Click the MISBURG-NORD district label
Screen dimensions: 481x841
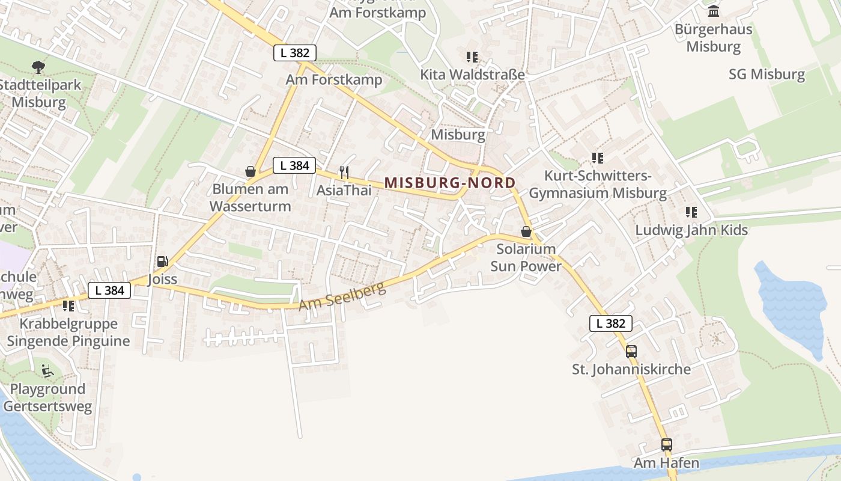click(x=450, y=183)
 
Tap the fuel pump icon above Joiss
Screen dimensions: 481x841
click(x=162, y=262)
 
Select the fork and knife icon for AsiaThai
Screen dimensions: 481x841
click(x=344, y=173)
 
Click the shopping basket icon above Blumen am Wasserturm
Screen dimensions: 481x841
click(x=250, y=172)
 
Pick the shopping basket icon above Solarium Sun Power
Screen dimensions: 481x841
click(x=526, y=231)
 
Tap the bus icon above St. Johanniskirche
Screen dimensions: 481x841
click(x=631, y=352)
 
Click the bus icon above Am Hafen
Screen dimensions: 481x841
click(x=667, y=445)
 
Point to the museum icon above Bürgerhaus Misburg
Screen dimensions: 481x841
click(x=714, y=11)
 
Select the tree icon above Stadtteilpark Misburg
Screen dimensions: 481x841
click(x=38, y=67)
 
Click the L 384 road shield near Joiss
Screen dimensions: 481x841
click(x=109, y=291)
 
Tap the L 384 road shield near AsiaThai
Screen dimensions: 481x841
click(x=294, y=165)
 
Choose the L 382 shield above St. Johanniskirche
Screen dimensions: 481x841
click(x=611, y=323)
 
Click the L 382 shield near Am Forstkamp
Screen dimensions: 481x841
click(x=294, y=53)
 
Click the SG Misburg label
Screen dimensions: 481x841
click(x=767, y=75)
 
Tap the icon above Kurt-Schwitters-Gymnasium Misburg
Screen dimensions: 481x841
click(x=597, y=158)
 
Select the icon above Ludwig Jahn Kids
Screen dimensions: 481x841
click(x=691, y=212)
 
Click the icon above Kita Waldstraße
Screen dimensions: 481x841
click(x=472, y=57)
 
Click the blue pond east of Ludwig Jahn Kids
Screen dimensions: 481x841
click(x=793, y=307)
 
